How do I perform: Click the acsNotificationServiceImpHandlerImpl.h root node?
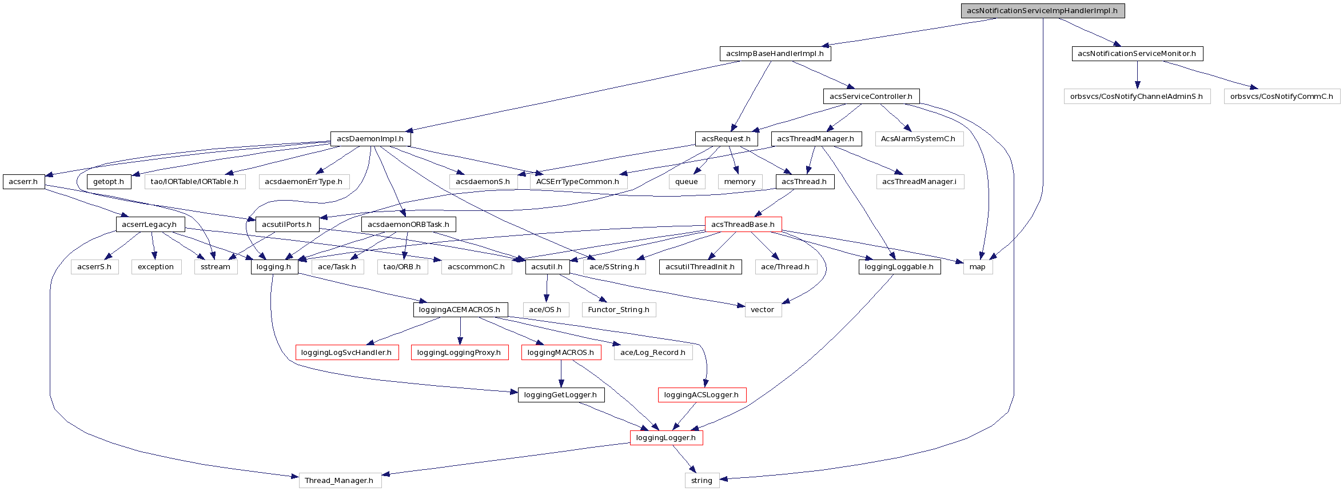pyautogui.click(x=1042, y=11)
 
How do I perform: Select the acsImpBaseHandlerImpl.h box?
pyautogui.click(x=775, y=54)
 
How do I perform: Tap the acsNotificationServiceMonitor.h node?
pyautogui.click(x=1137, y=54)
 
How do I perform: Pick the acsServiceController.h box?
pyautogui.click(x=871, y=97)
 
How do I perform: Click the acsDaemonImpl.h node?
pyautogui.click(x=370, y=139)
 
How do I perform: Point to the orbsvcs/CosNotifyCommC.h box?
pyautogui.click(x=1281, y=97)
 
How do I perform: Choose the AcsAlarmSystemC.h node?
pyautogui.click(x=918, y=139)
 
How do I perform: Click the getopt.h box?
pyautogui.click(x=109, y=182)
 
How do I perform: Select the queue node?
pyautogui.click(x=686, y=182)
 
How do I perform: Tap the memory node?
pyautogui.click(x=739, y=182)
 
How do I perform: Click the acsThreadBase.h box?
pyautogui.click(x=743, y=225)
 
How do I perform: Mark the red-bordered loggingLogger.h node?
pyautogui.click(x=665, y=438)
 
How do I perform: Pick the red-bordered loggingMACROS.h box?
pyautogui.click(x=560, y=353)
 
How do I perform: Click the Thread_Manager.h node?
pyautogui.click(x=339, y=481)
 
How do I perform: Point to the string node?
pyautogui.click(x=702, y=481)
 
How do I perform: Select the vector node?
pyautogui.click(x=762, y=310)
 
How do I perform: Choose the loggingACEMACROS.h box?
pyautogui.click(x=460, y=310)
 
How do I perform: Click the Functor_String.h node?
pyautogui.click(x=619, y=310)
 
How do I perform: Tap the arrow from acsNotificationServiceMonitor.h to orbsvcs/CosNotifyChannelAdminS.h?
pyautogui.click(x=1137, y=75)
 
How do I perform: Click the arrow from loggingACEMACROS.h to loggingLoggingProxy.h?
pyautogui.click(x=460, y=331)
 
